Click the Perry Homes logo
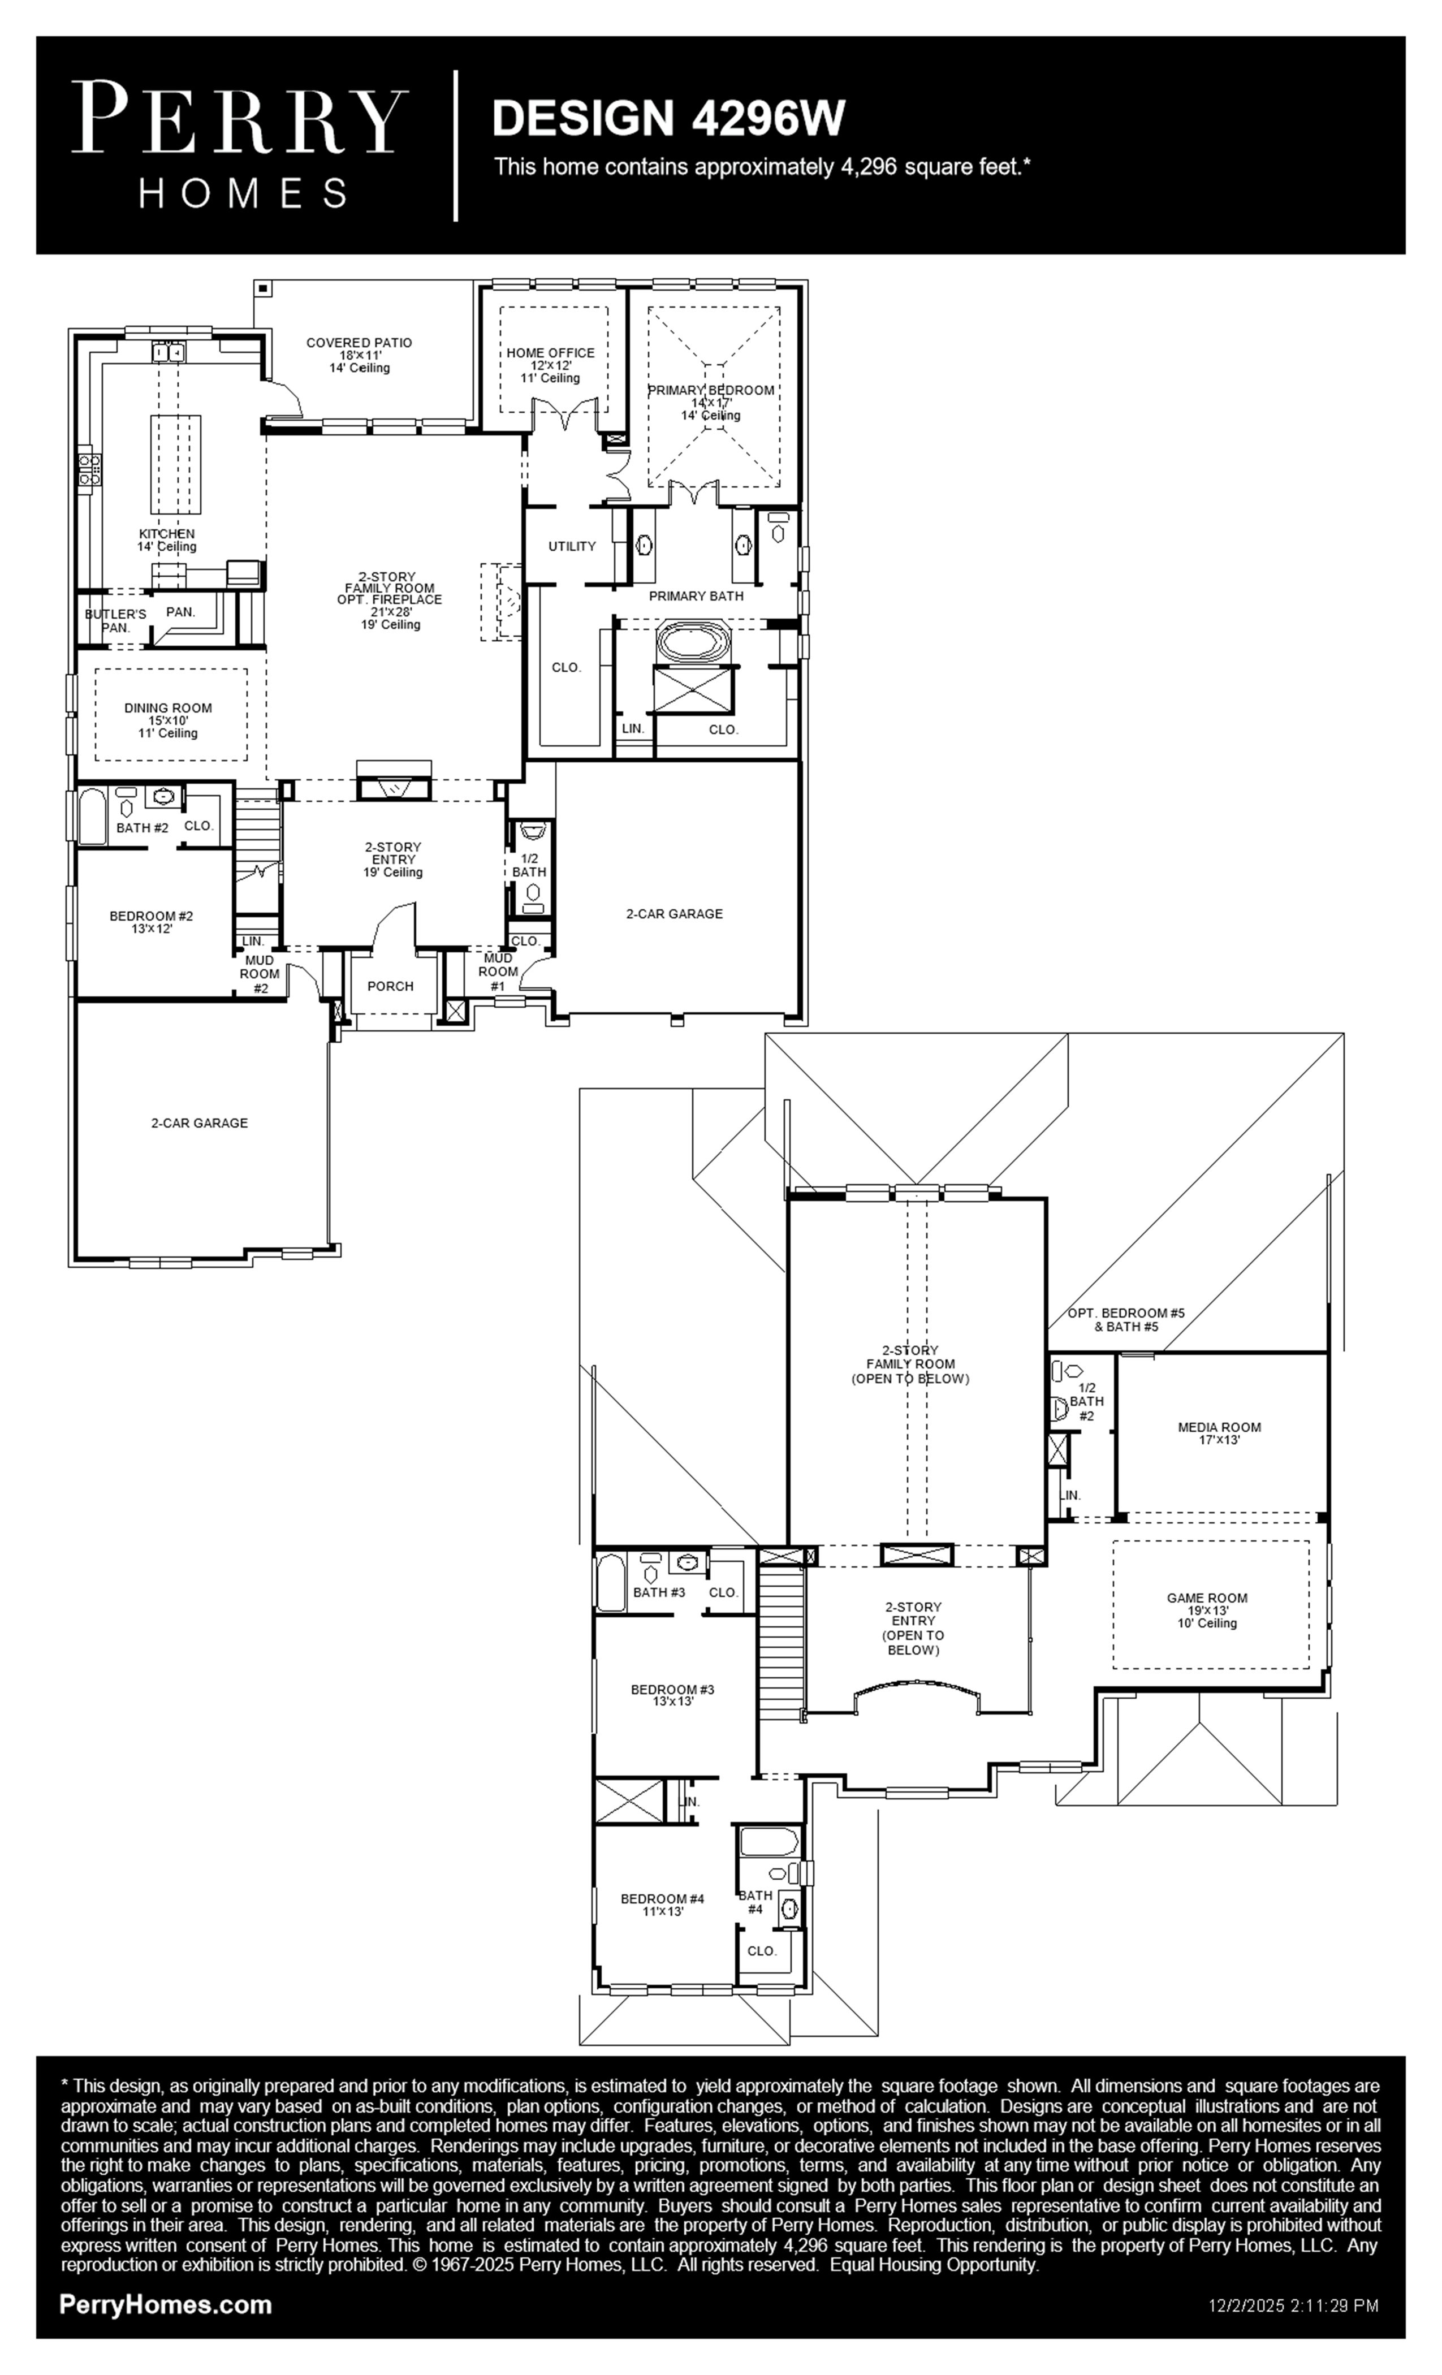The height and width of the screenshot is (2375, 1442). coord(240,145)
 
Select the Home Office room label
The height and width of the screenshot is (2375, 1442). coord(550,365)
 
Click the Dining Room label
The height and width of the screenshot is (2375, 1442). coord(168,720)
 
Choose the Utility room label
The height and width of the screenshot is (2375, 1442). coord(572,546)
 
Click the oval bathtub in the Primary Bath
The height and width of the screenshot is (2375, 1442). coord(693,642)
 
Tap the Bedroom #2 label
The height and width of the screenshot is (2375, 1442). coord(152,922)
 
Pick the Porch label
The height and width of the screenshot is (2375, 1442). coord(390,986)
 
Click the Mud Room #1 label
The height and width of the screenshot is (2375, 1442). coord(498,971)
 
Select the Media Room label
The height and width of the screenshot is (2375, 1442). coord(1219,1433)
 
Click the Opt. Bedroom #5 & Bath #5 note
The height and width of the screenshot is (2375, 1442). coord(1126,1320)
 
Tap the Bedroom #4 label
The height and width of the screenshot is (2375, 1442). coord(662,1905)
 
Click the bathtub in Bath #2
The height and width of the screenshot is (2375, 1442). coord(92,817)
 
